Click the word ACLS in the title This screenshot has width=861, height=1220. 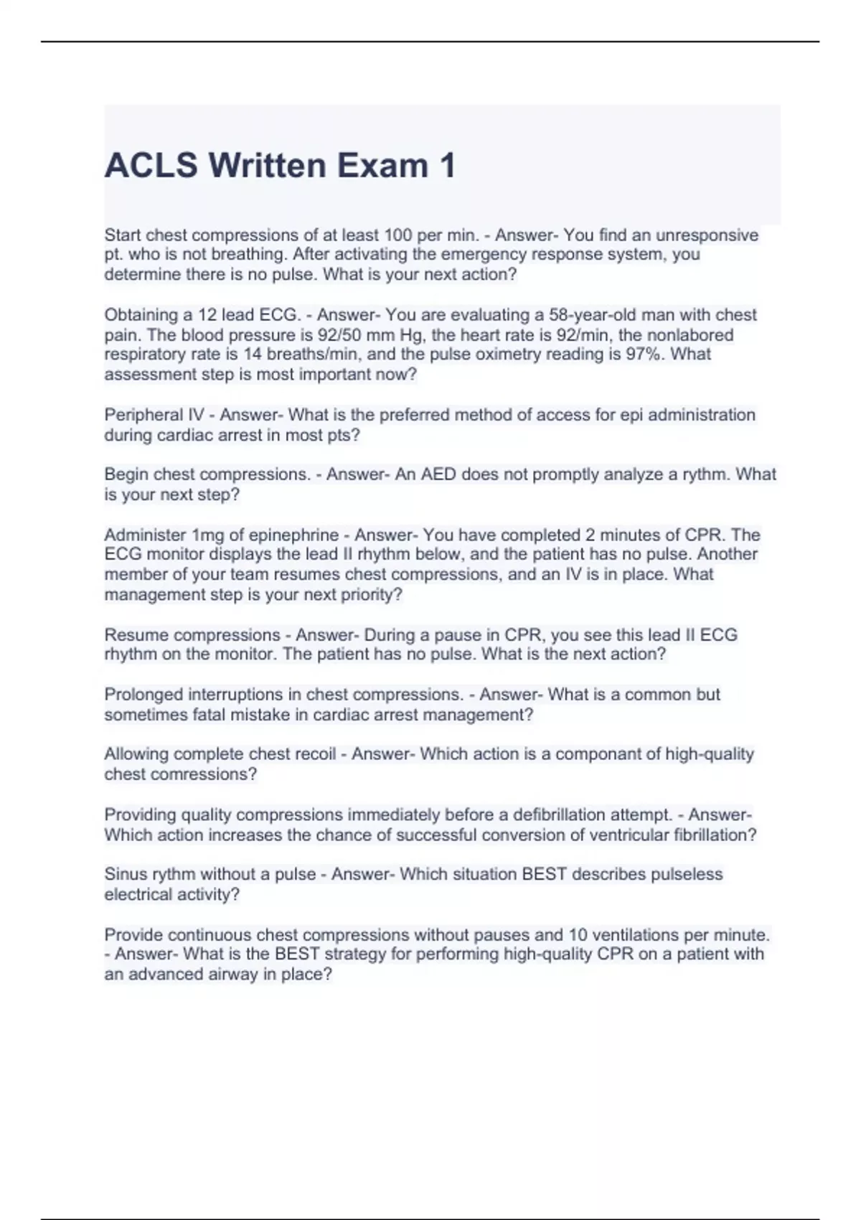[x=151, y=166]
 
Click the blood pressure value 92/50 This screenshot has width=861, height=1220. [x=339, y=335]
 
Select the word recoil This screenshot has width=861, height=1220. [x=314, y=754]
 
